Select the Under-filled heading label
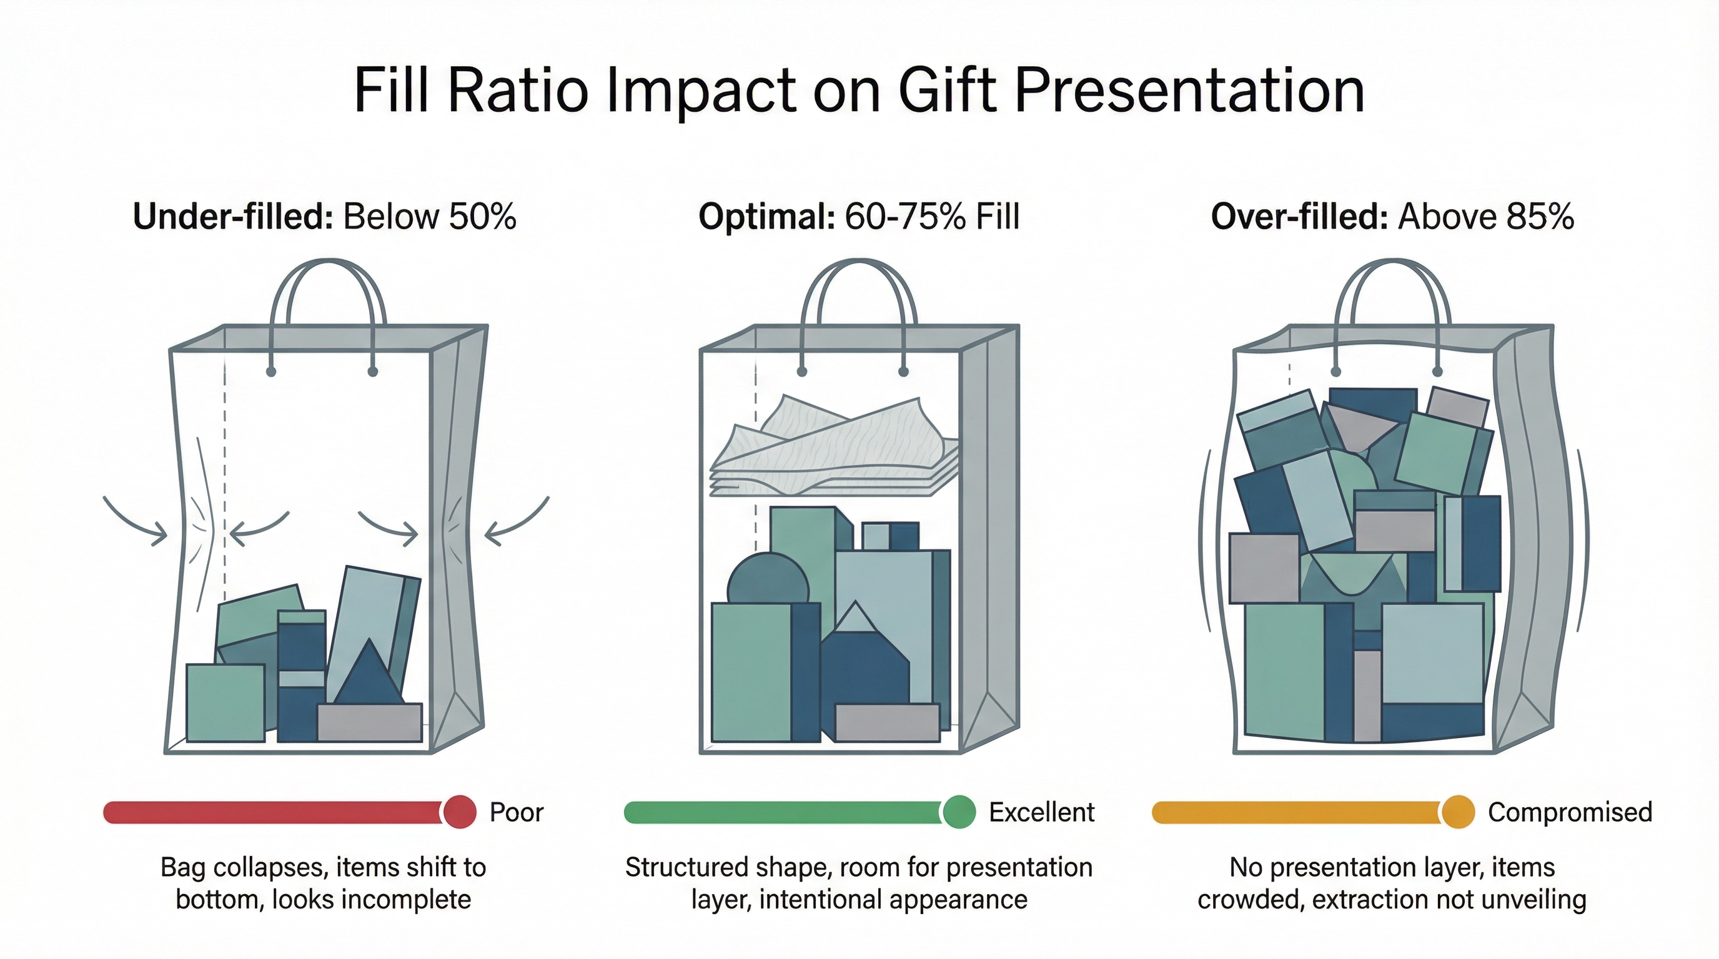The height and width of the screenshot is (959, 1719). [x=232, y=217]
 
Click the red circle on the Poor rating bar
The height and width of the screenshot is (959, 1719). [x=459, y=812]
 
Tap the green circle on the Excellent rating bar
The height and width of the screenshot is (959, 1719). [x=959, y=812]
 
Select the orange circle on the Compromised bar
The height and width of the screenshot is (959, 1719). [x=1457, y=812]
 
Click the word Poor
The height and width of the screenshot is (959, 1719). [x=517, y=812]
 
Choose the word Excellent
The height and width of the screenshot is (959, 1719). [x=1041, y=812]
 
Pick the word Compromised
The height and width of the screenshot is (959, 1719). [x=1570, y=812]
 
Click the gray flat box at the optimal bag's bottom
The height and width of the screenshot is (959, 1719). [x=887, y=723]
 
